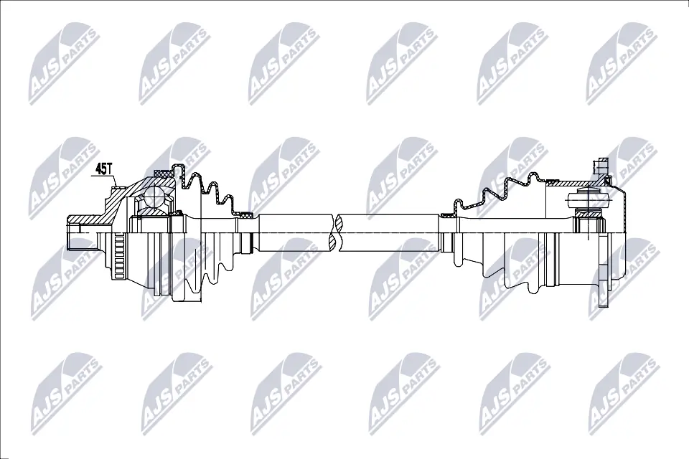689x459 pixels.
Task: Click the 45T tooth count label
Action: tap(104, 169)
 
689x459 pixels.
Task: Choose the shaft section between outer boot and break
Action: tap(294, 233)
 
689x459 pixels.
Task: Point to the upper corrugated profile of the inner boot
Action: tap(502, 188)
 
